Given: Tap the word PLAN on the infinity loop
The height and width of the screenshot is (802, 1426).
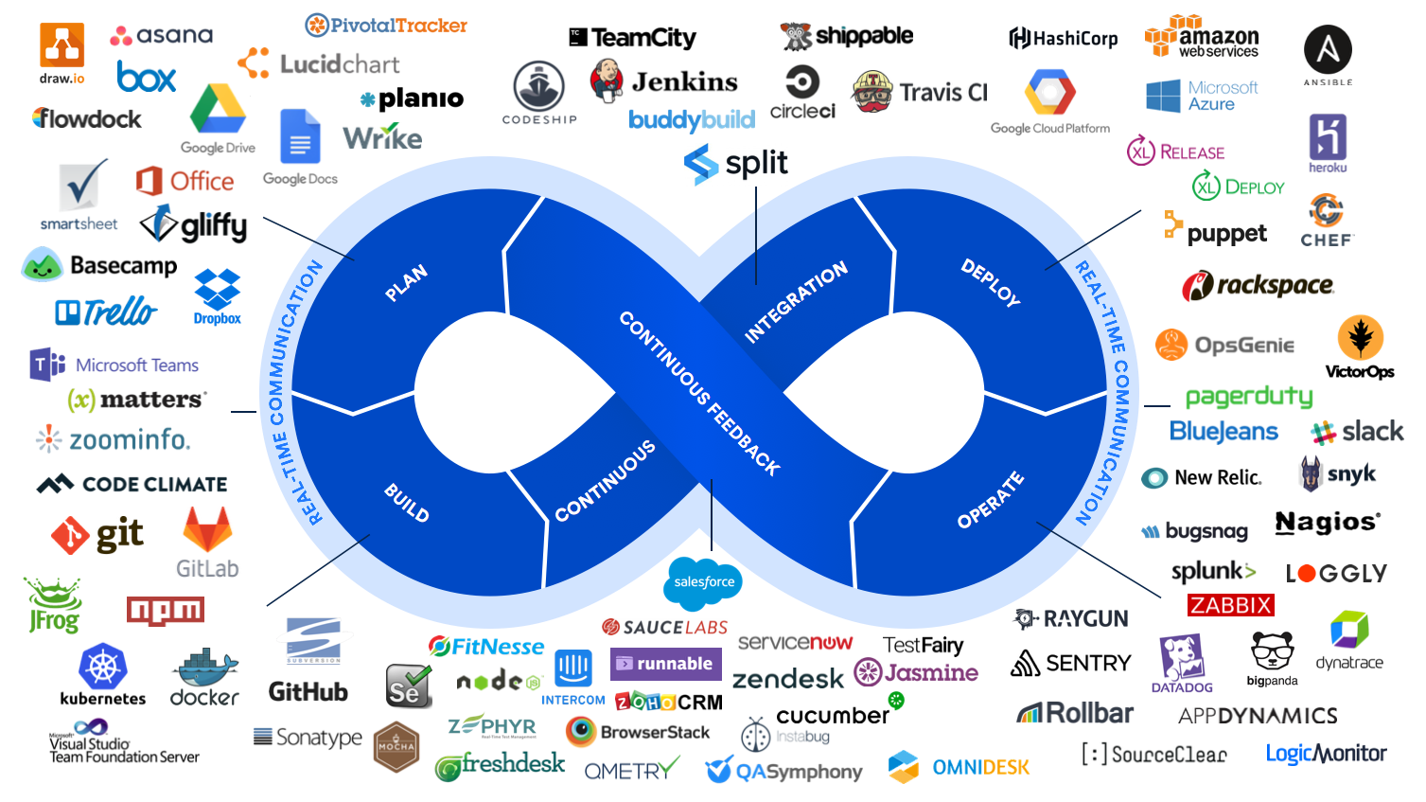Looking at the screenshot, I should pos(406,283).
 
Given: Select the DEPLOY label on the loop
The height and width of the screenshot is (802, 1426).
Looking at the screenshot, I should pos(990,282).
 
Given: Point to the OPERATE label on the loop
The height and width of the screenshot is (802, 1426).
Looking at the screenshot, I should pos(990,499).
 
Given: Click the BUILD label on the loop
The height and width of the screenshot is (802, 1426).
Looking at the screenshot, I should pos(407,502).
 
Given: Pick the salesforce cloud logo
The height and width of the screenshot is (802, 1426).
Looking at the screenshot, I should pos(704,581).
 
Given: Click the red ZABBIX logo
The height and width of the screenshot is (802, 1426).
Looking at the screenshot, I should pos(1231,605).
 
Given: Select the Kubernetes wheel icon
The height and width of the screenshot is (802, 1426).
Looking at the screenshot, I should pos(103,667).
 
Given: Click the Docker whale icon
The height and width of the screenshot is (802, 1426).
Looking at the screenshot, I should pos(205,668).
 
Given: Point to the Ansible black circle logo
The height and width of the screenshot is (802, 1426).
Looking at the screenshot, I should pos(1328,49).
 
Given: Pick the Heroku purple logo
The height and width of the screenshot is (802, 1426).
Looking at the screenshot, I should pos(1328,138).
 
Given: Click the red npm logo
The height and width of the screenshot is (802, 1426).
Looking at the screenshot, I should pos(166,611).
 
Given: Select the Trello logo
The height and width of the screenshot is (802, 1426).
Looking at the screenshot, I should pos(106,312).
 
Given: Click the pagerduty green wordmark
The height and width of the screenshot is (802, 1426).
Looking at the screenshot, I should pos(1249,397).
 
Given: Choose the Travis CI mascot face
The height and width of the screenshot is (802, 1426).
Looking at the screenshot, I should pos(872,92).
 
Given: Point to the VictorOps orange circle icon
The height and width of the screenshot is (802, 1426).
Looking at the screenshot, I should pos(1361,337).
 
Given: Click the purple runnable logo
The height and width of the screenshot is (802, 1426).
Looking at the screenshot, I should pos(665,664).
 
